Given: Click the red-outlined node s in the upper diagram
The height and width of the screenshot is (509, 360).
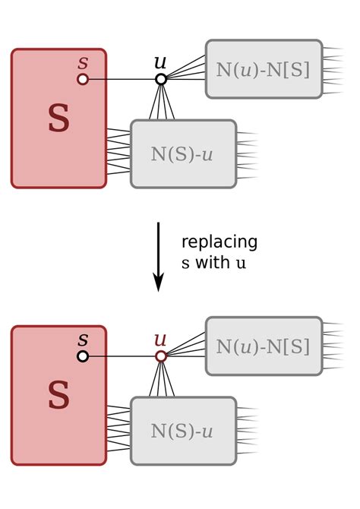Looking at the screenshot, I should tap(83, 79).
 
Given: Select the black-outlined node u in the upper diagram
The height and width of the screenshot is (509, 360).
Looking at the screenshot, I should tap(161, 79).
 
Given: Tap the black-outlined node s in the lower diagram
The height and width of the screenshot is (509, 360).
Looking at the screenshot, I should tap(83, 356).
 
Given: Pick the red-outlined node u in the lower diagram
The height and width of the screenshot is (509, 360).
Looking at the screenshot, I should tap(161, 356).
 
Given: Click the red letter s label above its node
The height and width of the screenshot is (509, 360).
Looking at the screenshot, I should tap(83, 62).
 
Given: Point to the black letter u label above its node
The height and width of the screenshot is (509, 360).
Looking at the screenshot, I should tap(160, 62).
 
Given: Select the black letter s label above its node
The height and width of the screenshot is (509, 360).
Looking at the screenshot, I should tap(83, 340).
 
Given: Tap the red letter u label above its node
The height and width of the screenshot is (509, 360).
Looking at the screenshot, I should tap(160, 340).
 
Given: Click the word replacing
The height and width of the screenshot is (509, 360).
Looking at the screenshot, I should tap(219, 243).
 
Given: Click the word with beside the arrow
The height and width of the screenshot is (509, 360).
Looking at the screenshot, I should tap(212, 264).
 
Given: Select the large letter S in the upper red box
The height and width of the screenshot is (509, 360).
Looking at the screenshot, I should tap(58, 119).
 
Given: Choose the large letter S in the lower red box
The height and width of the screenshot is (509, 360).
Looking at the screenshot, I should tap(58, 396).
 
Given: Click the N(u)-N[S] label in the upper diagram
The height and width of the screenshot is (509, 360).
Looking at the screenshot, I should tap(263, 69).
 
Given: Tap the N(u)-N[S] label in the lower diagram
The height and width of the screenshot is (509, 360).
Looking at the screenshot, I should tap(263, 346).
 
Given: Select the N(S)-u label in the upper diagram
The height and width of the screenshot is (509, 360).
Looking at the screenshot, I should tap(182, 154).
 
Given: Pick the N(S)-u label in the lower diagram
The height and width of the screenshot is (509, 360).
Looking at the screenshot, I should tap(182, 432).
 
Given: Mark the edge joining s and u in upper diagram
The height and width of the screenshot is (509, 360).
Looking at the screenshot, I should tap(122, 79).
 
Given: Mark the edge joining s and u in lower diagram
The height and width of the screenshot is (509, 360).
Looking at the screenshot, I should tap(122, 356).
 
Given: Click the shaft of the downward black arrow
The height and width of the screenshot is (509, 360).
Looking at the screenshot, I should tap(159, 247).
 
